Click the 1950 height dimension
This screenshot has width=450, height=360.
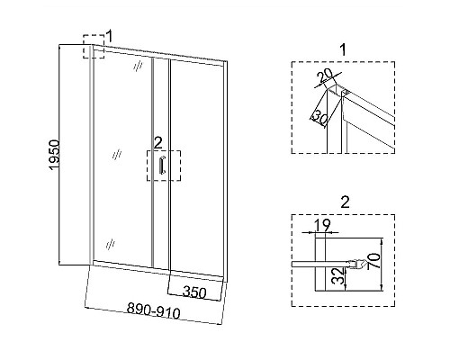point(55,155)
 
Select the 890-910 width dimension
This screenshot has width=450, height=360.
point(154,311)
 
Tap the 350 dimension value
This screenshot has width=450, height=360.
point(194,292)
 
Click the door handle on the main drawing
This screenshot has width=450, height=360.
point(162,165)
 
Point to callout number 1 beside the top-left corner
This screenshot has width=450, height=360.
point(109,36)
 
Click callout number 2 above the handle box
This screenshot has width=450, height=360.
point(157,143)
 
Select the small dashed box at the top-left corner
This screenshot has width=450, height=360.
point(94,47)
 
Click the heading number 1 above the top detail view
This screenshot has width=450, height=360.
point(344,49)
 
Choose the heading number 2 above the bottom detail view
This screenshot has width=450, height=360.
point(346,202)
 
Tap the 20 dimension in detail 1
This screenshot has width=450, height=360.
point(325,76)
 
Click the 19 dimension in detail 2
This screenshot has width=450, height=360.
point(322,225)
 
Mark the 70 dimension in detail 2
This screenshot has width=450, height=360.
point(374,260)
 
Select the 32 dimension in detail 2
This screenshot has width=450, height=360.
point(338,276)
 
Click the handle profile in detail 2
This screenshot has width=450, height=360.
point(358,265)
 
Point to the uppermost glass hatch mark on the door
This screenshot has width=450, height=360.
point(138,67)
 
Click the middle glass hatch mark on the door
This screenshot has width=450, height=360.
point(117,155)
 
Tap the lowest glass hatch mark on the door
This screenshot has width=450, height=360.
point(111,244)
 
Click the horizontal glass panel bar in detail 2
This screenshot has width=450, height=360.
point(320,264)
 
